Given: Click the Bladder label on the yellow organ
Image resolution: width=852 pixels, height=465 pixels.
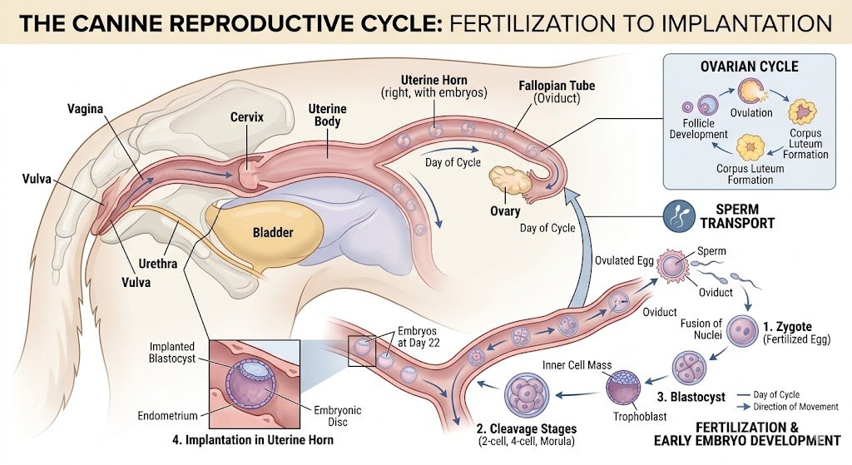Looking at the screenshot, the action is (x=273, y=233).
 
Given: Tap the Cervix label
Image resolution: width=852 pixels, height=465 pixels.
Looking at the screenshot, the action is (x=246, y=116).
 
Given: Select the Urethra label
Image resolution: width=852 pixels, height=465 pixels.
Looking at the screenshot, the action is (x=157, y=264).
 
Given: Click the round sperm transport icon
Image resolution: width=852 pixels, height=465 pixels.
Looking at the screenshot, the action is (x=678, y=215).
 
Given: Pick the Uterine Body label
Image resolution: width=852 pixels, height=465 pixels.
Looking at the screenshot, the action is (x=327, y=115).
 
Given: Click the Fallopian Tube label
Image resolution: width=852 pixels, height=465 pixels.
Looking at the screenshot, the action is (x=557, y=92).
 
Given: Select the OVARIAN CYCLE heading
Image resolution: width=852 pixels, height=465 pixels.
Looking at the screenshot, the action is (x=750, y=67).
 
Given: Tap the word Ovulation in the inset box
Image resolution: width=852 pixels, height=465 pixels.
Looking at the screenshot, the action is (x=751, y=112).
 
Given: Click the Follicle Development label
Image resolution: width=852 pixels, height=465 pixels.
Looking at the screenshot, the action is (x=698, y=129).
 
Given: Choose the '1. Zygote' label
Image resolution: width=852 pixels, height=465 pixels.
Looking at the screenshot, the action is (x=787, y=326).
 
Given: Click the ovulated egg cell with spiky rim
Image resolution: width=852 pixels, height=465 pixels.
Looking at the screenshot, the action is (x=673, y=265).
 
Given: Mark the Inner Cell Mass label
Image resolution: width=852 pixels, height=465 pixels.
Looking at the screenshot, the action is (x=577, y=365).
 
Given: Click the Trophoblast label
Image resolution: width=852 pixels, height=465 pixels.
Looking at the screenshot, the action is (x=640, y=416).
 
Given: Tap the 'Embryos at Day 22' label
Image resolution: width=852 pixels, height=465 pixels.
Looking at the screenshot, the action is (x=417, y=337).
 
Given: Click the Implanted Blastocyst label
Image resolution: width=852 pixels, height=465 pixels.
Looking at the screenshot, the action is (x=171, y=352).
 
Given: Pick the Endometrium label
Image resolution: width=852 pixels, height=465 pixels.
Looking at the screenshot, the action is (x=167, y=416).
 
